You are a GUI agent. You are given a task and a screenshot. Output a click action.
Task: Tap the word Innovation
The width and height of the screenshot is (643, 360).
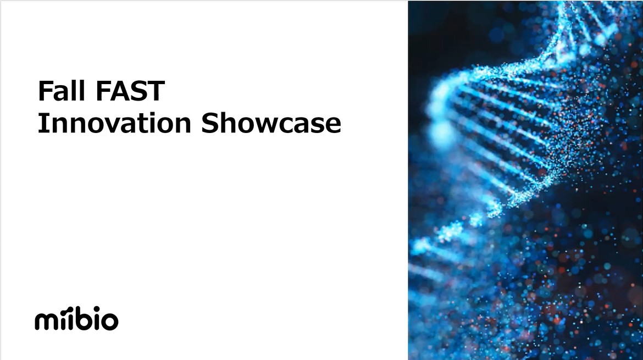click(114, 123)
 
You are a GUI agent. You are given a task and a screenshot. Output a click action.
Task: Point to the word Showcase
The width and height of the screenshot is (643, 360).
click(271, 123)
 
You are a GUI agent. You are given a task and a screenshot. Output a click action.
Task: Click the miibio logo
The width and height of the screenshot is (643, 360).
click(77, 318)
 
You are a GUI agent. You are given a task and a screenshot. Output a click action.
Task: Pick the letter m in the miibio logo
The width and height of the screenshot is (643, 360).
click(45, 320)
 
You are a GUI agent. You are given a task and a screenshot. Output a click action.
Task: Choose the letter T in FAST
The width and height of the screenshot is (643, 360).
click(156, 91)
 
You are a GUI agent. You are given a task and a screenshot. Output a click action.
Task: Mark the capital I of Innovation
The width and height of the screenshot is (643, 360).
click(41, 123)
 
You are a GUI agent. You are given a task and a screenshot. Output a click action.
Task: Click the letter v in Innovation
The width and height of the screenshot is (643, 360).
click(110, 125)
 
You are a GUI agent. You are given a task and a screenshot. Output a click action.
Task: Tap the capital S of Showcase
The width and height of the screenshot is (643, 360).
click(209, 123)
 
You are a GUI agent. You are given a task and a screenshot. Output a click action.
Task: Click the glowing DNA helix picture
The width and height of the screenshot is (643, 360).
click(525, 180)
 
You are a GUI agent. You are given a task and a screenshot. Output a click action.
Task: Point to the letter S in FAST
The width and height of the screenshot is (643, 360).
click(138, 91)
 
